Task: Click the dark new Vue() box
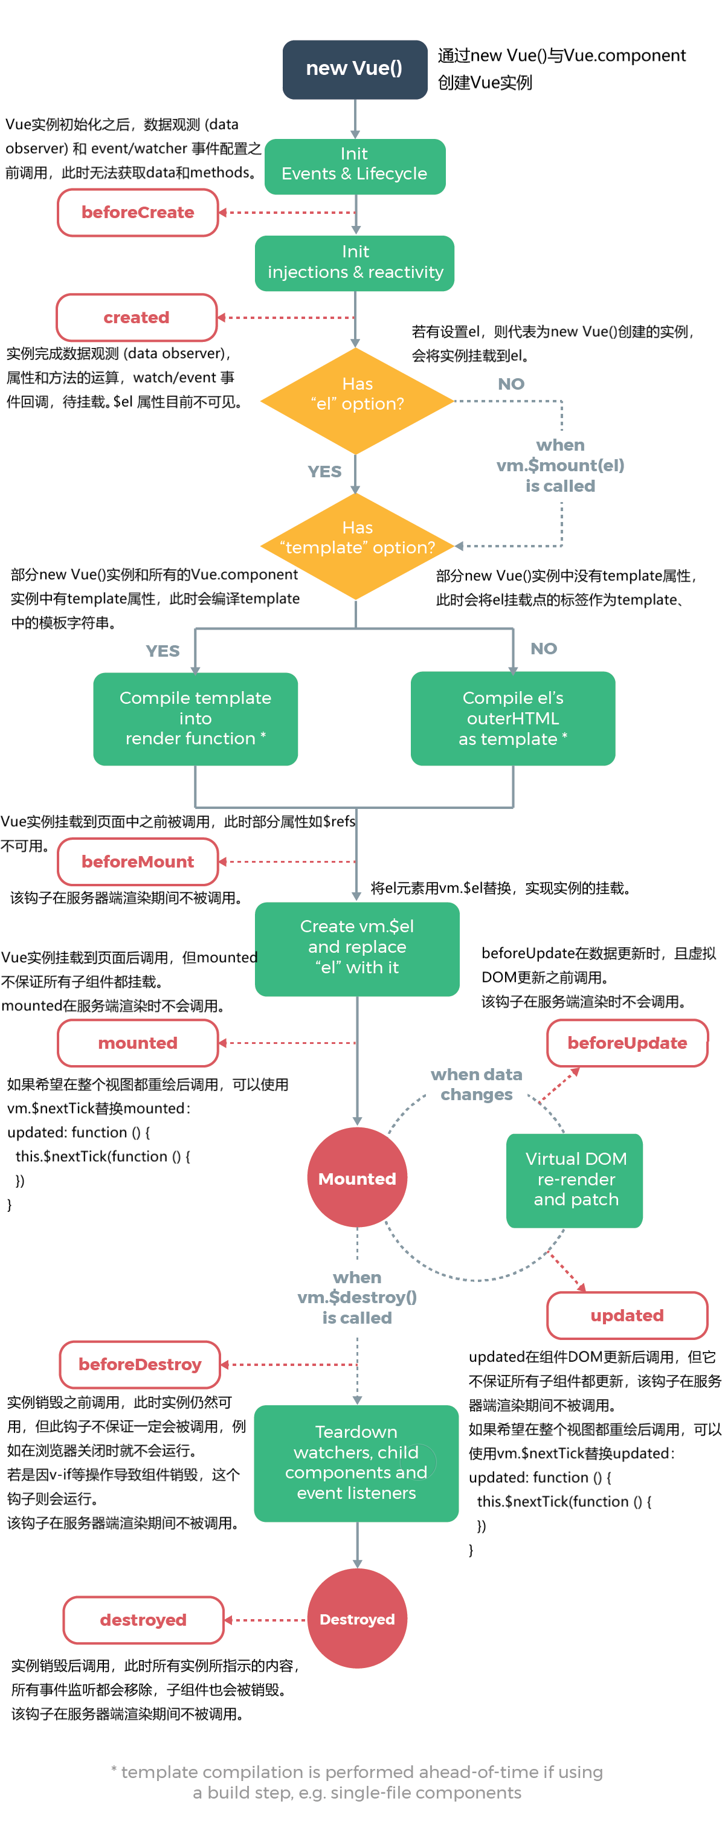tap(354, 69)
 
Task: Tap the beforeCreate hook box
tap(138, 213)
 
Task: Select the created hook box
tap(136, 317)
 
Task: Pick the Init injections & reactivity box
tap(354, 262)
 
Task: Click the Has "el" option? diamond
tap(356, 401)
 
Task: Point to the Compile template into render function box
tap(195, 718)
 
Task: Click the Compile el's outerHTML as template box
tap(512, 718)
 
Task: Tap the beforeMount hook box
tap(138, 861)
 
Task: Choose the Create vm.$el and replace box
tap(356, 949)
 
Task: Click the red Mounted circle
tap(356, 1178)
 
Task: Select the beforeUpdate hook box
tap(626, 1043)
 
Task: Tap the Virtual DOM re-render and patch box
tap(575, 1179)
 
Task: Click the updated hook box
tap(626, 1315)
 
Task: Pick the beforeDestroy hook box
tap(140, 1364)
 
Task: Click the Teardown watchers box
tap(356, 1463)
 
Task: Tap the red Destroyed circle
tap(356, 1619)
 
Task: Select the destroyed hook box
tap(143, 1619)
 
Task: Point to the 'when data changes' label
tap(476, 1084)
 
